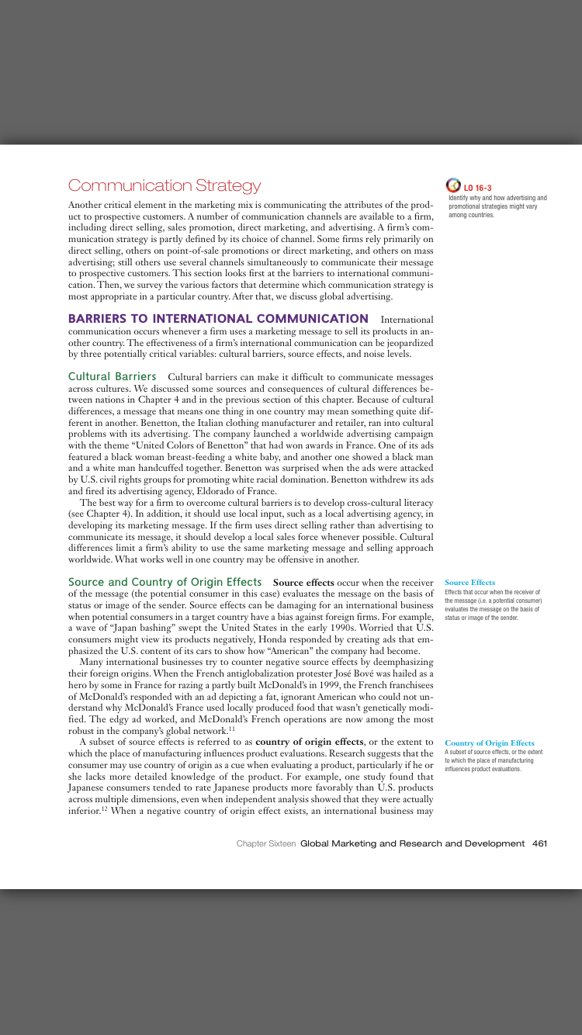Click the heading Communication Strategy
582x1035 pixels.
pos(165,186)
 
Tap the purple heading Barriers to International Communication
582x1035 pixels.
pos(218,319)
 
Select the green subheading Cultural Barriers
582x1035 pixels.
pos(113,377)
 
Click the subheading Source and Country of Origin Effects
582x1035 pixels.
pos(165,582)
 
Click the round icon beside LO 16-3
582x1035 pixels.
pos(453,185)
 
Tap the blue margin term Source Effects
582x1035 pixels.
pos(469,583)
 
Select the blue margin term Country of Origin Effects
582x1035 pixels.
pos(489,743)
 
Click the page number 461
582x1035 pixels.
pos(540,843)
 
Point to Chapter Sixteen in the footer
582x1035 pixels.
pos(266,843)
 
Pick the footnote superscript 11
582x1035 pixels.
pos(231,729)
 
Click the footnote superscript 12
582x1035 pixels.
pos(105,808)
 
